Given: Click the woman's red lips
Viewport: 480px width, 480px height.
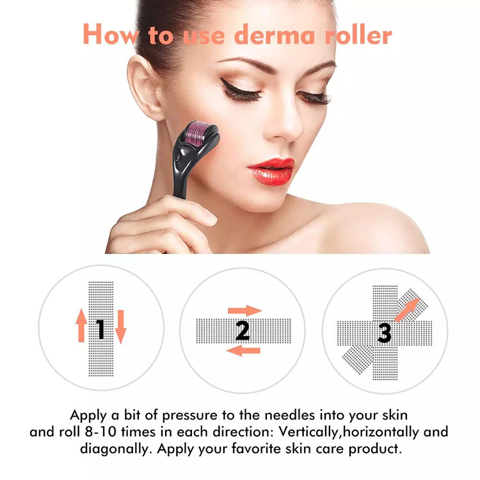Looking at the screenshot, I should pyautogui.click(x=271, y=172).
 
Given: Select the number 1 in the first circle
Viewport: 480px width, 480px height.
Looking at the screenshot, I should pyautogui.click(x=100, y=329).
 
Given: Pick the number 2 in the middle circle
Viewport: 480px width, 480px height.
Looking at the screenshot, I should pyautogui.click(x=242, y=330).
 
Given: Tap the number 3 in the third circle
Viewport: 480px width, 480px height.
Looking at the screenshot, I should pyautogui.click(x=384, y=332).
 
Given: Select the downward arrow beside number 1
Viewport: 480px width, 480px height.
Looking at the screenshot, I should pyautogui.click(x=121, y=328).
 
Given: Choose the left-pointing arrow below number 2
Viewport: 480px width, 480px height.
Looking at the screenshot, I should pyautogui.click(x=244, y=350).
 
